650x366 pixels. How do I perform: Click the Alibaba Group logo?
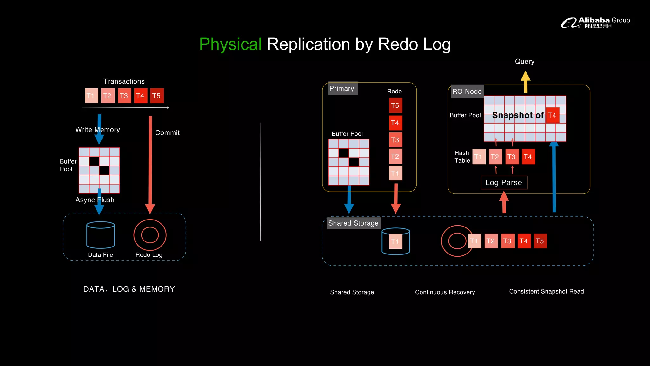pyautogui.click(x=595, y=23)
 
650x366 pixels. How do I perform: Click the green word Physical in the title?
pyautogui.click(x=230, y=44)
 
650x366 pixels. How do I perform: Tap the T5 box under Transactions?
pyautogui.click(x=157, y=96)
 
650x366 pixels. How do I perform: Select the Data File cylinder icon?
pyautogui.click(x=101, y=235)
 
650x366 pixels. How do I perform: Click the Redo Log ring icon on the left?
pyautogui.click(x=150, y=235)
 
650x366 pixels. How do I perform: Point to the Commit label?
pyautogui.click(x=167, y=133)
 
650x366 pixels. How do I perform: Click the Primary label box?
pyautogui.click(x=342, y=89)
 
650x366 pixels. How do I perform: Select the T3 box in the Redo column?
pyautogui.click(x=395, y=140)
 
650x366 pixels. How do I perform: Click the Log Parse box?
pyautogui.click(x=504, y=182)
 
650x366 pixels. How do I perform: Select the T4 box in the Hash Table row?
pyautogui.click(x=528, y=157)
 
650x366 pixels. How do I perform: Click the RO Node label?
pyautogui.click(x=467, y=91)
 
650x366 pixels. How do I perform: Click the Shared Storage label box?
pyautogui.click(x=353, y=223)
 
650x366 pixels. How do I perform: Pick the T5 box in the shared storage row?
pyautogui.click(x=540, y=241)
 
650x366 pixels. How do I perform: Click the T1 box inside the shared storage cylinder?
pyautogui.click(x=395, y=241)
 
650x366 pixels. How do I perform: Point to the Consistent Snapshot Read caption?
pyautogui.click(x=546, y=291)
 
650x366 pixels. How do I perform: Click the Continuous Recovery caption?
pyautogui.click(x=445, y=292)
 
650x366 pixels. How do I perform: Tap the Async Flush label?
pyautogui.click(x=95, y=200)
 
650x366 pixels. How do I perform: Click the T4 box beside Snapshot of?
pyautogui.click(x=552, y=115)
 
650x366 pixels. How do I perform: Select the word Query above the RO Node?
pyautogui.click(x=525, y=61)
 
